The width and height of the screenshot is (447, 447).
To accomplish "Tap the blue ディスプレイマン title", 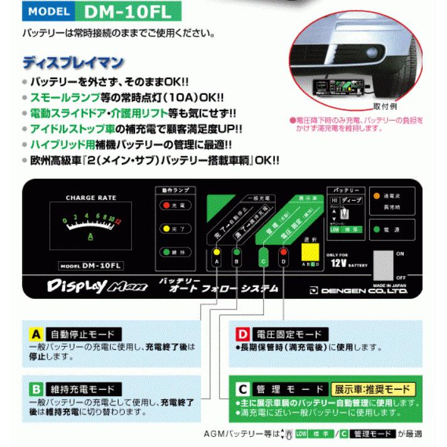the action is (73, 63).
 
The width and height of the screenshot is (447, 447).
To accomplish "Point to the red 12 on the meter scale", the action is (117, 220).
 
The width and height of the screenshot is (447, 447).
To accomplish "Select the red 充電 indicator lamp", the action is (165, 205).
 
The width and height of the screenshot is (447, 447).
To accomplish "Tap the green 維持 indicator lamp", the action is (165, 252).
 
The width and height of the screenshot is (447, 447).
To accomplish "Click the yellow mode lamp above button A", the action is (217, 252).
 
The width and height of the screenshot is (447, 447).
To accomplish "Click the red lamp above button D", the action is (284, 252).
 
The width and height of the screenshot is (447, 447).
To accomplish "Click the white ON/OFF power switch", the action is (382, 263).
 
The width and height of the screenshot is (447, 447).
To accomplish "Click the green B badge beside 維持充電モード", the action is (37, 389).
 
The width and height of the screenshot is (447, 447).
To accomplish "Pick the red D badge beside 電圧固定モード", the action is (242, 334).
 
